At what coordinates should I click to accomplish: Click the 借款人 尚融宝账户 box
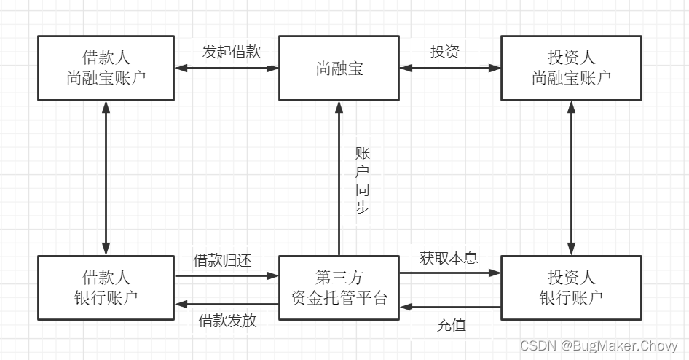[x=106, y=69]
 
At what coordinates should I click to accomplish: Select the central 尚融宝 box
[x=339, y=69]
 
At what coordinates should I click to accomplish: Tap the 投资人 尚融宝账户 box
[x=571, y=69]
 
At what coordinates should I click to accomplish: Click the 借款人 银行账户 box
[x=106, y=287]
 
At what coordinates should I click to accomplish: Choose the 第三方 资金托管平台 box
[x=339, y=287]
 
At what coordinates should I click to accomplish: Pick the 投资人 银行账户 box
[x=571, y=287]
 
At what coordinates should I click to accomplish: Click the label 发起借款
[x=231, y=52]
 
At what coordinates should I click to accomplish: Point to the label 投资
[x=445, y=52]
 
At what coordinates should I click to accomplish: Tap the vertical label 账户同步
[x=362, y=180]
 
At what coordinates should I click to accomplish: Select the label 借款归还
[x=222, y=260]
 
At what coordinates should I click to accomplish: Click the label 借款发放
[x=227, y=321]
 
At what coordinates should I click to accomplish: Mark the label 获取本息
[x=449, y=258]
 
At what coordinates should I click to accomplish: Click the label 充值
[x=451, y=325]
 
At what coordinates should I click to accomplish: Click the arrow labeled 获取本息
[x=450, y=273]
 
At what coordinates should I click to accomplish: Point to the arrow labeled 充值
[x=450, y=307]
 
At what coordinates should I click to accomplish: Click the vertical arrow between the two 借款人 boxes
[x=106, y=178]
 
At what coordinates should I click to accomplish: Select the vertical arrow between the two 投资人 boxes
[x=572, y=178]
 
